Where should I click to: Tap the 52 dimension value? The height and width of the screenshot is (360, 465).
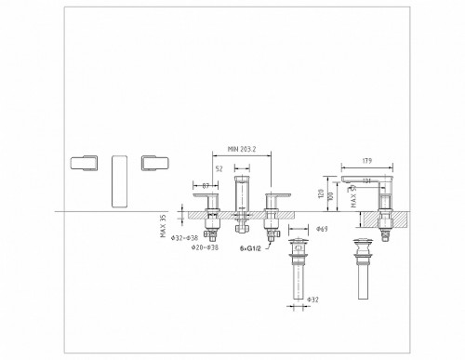[x=219, y=168]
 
